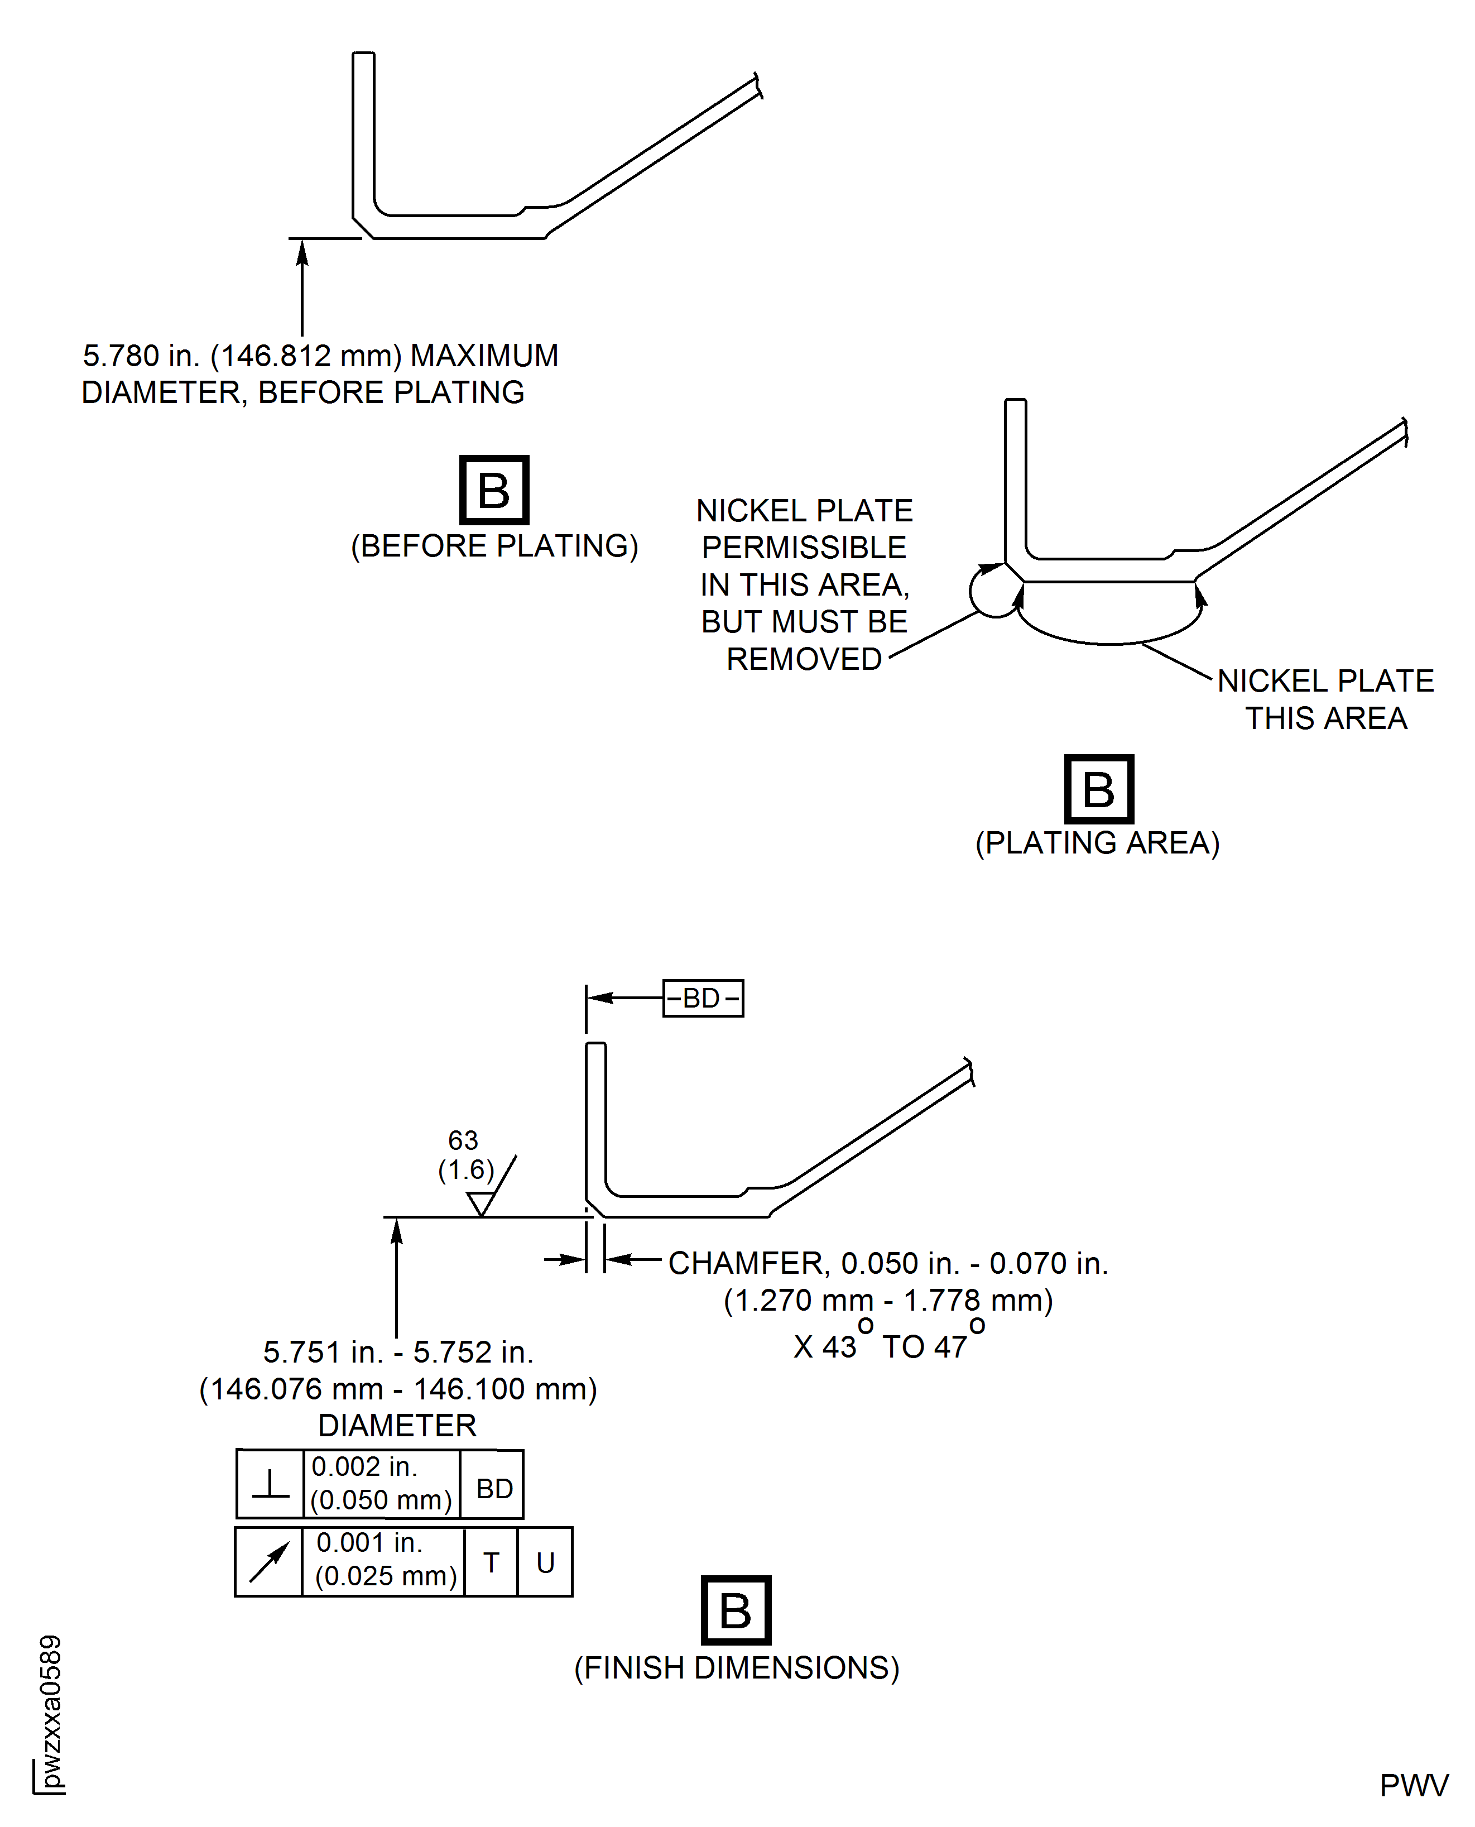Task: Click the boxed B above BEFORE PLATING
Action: [x=494, y=490]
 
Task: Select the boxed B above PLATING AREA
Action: [x=1099, y=789]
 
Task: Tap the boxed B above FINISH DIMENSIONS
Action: [x=736, y=1610]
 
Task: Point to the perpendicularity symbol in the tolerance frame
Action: [x=270, y=1485]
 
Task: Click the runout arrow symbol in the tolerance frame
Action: [x=268, y=1562]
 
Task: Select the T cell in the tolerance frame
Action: [x=491, y=1562]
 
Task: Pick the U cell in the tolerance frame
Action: [x=545, y=1562]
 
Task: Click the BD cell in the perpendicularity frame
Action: [x=494, y=1488]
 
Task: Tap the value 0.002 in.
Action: [x=364, y=1467]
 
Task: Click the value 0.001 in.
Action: [x=369, y=1542]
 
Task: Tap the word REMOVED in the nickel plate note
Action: [x=804, y=659]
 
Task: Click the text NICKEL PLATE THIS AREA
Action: [x=1325, y=699]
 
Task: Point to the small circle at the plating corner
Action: [x=994, y=592]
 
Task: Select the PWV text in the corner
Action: [x=1414, y=1785]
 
